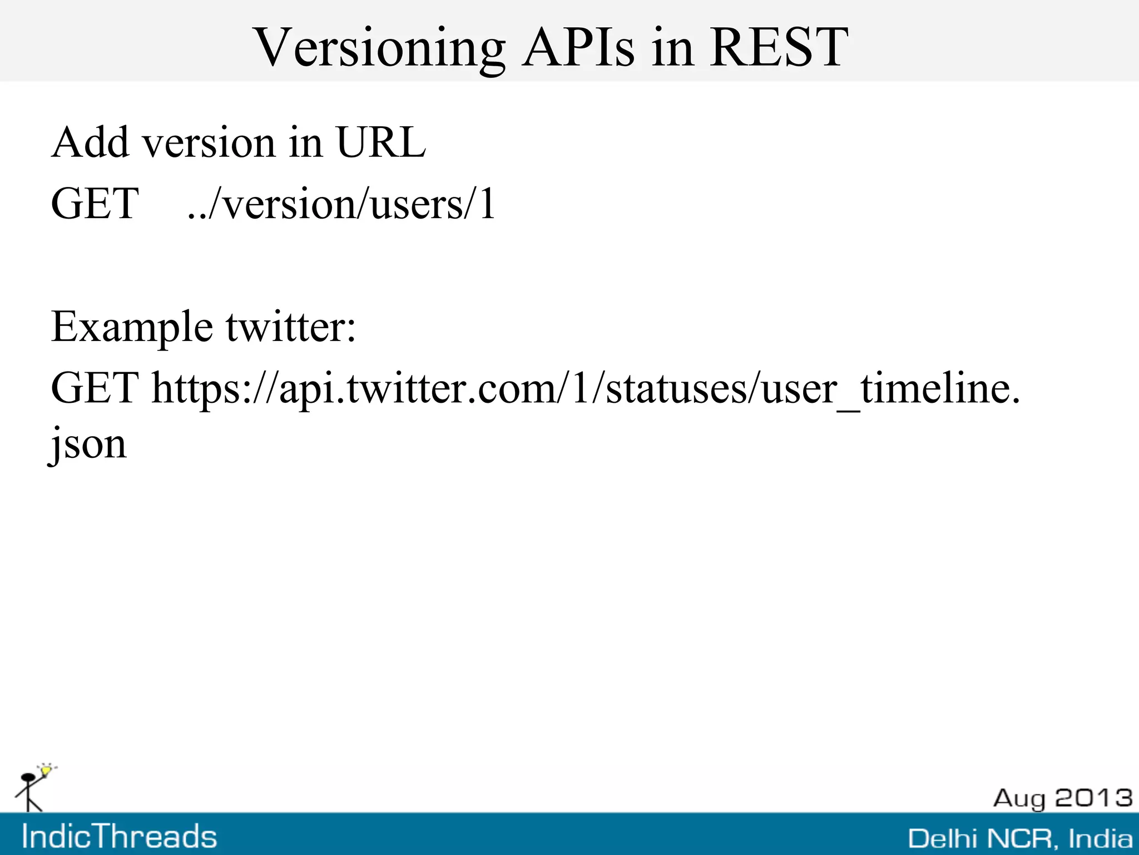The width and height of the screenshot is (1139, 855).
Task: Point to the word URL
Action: pos(381,142)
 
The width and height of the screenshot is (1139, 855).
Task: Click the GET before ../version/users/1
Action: pos(95,204)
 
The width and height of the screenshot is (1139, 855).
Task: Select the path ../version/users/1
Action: pos(341,205)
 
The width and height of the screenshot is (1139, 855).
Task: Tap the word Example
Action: pos(132,327)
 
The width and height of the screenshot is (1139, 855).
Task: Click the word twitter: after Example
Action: pos(290,327)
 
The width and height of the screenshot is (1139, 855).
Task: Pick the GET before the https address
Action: pos(95,388)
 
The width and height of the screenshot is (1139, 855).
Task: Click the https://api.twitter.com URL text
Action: pos(586,389)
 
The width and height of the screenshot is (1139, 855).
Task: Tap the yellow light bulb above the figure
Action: pos(47,770)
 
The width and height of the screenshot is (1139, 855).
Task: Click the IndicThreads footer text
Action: pos(119,836)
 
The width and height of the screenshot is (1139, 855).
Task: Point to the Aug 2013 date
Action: pos(1062,798)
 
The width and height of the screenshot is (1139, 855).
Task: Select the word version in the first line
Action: pos(209,144)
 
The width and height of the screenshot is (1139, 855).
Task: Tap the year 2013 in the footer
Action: pos(1093,798)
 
